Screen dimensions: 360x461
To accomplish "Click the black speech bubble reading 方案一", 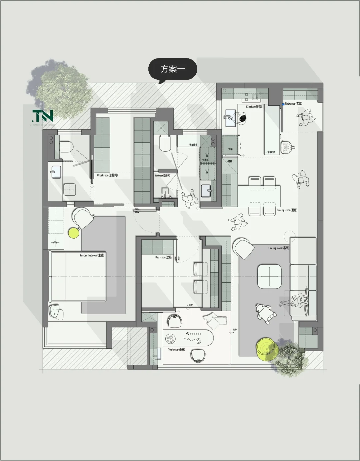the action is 173,69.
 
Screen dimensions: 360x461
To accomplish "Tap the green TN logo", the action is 43,116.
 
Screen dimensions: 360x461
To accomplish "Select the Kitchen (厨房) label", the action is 254,107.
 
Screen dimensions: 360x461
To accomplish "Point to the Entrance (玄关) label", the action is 293,104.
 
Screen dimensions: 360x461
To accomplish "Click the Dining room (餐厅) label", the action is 287,210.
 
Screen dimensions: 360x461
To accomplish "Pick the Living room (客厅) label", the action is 279,248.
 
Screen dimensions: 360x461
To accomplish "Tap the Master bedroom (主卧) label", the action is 92,255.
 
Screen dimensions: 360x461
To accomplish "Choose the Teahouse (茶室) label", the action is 176,349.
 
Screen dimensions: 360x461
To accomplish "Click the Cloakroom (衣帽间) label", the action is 107,175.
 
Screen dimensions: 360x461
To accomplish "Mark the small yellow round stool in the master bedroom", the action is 73,233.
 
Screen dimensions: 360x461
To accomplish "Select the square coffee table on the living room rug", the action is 269,276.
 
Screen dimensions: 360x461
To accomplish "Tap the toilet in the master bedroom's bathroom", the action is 66,146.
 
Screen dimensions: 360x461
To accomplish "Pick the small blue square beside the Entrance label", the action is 283,104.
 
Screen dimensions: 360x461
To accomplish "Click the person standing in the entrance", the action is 305,118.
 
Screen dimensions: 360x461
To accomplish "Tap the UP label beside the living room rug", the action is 235,330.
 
